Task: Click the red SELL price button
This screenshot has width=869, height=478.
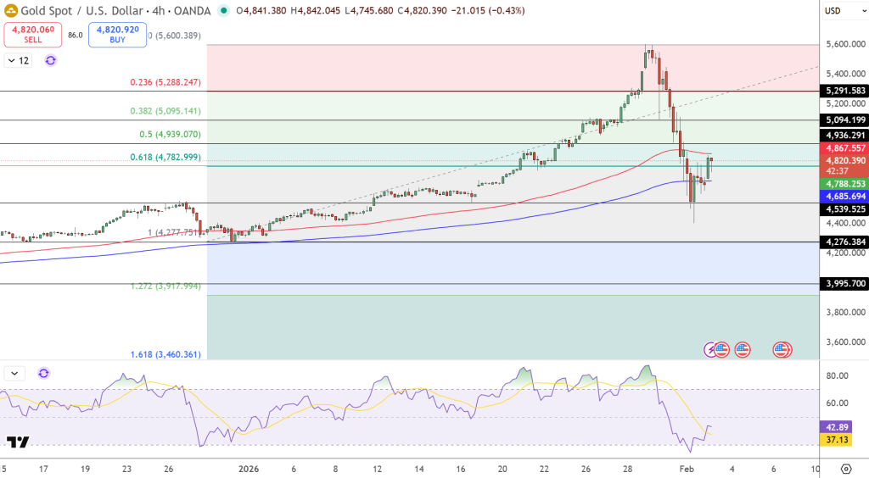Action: (33, 35)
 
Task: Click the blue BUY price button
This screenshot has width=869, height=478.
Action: (116, 35)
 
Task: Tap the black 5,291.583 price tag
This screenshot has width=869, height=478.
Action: (844, 91)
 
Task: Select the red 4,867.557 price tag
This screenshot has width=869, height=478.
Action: (844, 148)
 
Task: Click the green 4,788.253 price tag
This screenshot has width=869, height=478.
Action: (844, 183)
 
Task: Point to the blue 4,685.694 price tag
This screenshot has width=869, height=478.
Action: (844, 196)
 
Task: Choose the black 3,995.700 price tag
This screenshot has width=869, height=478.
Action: (844, 284)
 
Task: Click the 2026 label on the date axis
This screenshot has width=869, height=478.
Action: (249, 468)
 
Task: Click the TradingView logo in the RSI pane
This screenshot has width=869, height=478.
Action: (18, 442)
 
